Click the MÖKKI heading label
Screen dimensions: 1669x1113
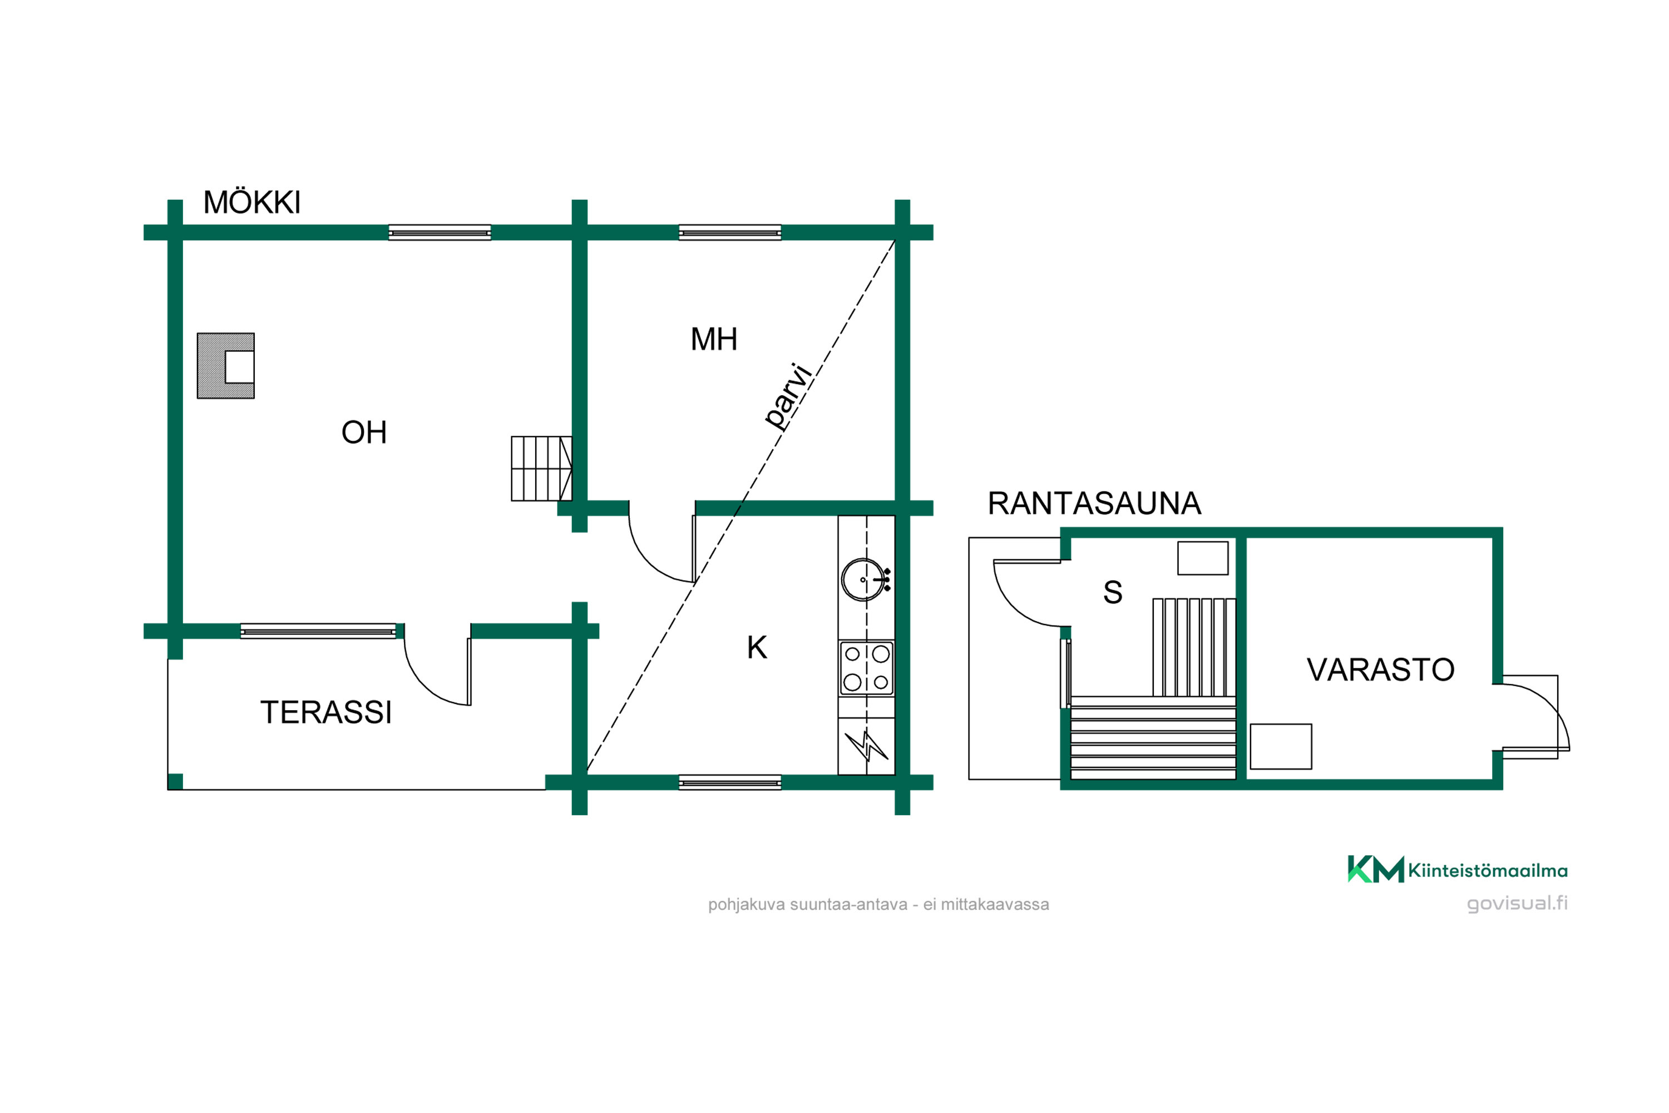pyautogui.click(x=252, y=203)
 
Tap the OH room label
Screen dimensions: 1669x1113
pyautogui.click(x=364, y=432)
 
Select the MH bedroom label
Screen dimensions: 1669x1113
pyautogui.click(x=714, y=339)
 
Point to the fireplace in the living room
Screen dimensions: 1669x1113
pyautogui.click(x=226, y=366)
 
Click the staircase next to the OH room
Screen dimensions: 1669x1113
pyautogui.click(x=541, y=469)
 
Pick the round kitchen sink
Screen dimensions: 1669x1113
pyautogui.click(x=863, y=580)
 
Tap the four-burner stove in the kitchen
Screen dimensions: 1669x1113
pyautogui.click(x=866, y=668)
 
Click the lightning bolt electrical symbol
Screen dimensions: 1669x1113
pyautogui.click(x=866, y=745)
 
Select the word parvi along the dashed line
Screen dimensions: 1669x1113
pyautogui.click(x=788, y=396)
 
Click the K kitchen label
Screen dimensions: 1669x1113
pyautogui.click(x=757, y=647)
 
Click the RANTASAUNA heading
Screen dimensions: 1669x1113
pyautogui.click(x=1094, y=503)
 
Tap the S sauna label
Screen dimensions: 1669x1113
pyautogui.click(x=1113, y=592)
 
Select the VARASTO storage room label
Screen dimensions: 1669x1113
pyautogui.click(x=1380, y=670)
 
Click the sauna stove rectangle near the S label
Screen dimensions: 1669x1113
pyautogui.click(x=1203, y=558)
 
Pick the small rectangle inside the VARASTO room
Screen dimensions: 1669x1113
pyautogui.click(x=1281, y=747)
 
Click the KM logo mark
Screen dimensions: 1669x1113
pyautogui.click(x=1375, y=869)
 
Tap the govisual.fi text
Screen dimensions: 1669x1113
pyautogui.click(x=1517, y=904)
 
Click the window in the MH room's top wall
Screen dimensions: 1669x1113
pyautogui.click(x=729, y=233)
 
